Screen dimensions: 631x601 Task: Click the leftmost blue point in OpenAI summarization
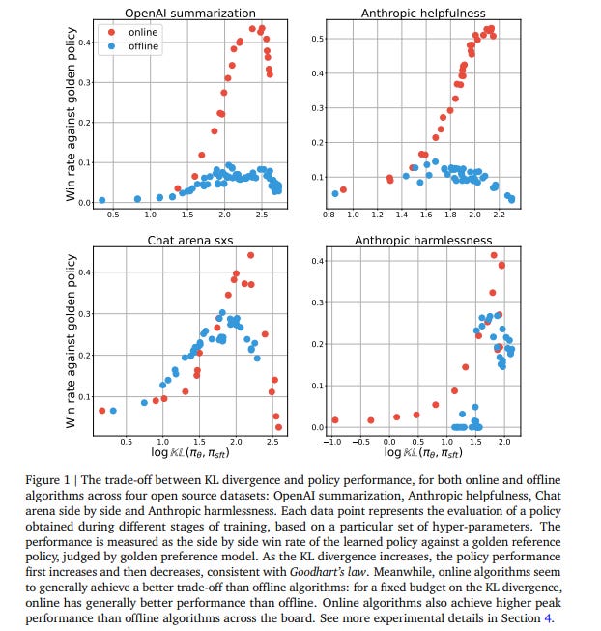click(101, 200)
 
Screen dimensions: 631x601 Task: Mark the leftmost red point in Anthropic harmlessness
click(335, 419)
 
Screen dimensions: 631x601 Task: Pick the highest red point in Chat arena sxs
click(250, 255)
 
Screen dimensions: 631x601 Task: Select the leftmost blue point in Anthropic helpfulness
click(335, 193)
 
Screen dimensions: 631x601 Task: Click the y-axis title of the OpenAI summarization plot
click(70, 111)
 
